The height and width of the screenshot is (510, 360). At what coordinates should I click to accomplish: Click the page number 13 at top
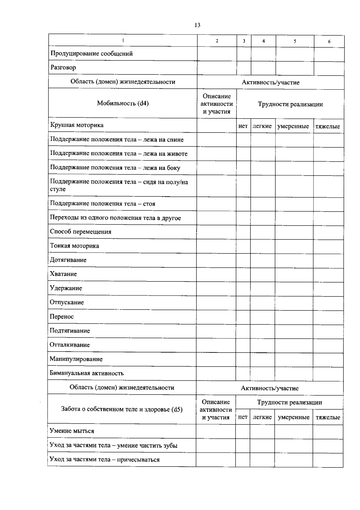tap(197, 25)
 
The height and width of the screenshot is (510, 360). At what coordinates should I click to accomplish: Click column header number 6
tap(329, 42)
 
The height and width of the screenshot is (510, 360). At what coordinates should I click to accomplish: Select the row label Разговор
tap(63, 67)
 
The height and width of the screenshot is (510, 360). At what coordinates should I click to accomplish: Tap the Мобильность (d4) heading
tap(123, 103)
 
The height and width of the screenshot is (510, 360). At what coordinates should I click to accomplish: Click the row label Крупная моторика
tap(77, 125)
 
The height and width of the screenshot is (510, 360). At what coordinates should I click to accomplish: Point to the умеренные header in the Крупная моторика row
tap(293, 126)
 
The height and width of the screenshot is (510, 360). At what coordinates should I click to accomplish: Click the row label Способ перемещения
tap(80, 232)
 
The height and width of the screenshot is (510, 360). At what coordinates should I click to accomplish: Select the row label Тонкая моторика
tap(74, 246)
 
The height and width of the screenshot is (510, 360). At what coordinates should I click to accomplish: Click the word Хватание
tap(63, 274)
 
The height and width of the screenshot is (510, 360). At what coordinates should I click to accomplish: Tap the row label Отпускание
tap(67, 302)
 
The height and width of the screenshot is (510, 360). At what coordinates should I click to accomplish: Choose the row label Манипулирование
tap(76, 359)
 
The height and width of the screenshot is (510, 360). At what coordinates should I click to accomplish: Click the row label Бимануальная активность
tap(86, 373)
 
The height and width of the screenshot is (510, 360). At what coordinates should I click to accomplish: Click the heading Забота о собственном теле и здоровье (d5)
tap(122, 409)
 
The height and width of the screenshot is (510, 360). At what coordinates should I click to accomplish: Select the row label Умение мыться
tap(72, 431)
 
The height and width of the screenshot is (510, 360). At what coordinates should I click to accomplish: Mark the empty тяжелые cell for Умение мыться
tap(328, 431)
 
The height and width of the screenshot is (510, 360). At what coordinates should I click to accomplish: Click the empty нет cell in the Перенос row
tap(243, 317)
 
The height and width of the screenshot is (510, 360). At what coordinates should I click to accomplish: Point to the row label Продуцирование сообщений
tap(91, 54)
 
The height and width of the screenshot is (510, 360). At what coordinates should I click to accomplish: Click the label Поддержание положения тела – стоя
tap(103, 204)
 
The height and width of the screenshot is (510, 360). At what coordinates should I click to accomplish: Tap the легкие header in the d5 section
tap(262, 417)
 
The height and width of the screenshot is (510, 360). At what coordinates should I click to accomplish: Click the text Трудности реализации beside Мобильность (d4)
tap(290, 104)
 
